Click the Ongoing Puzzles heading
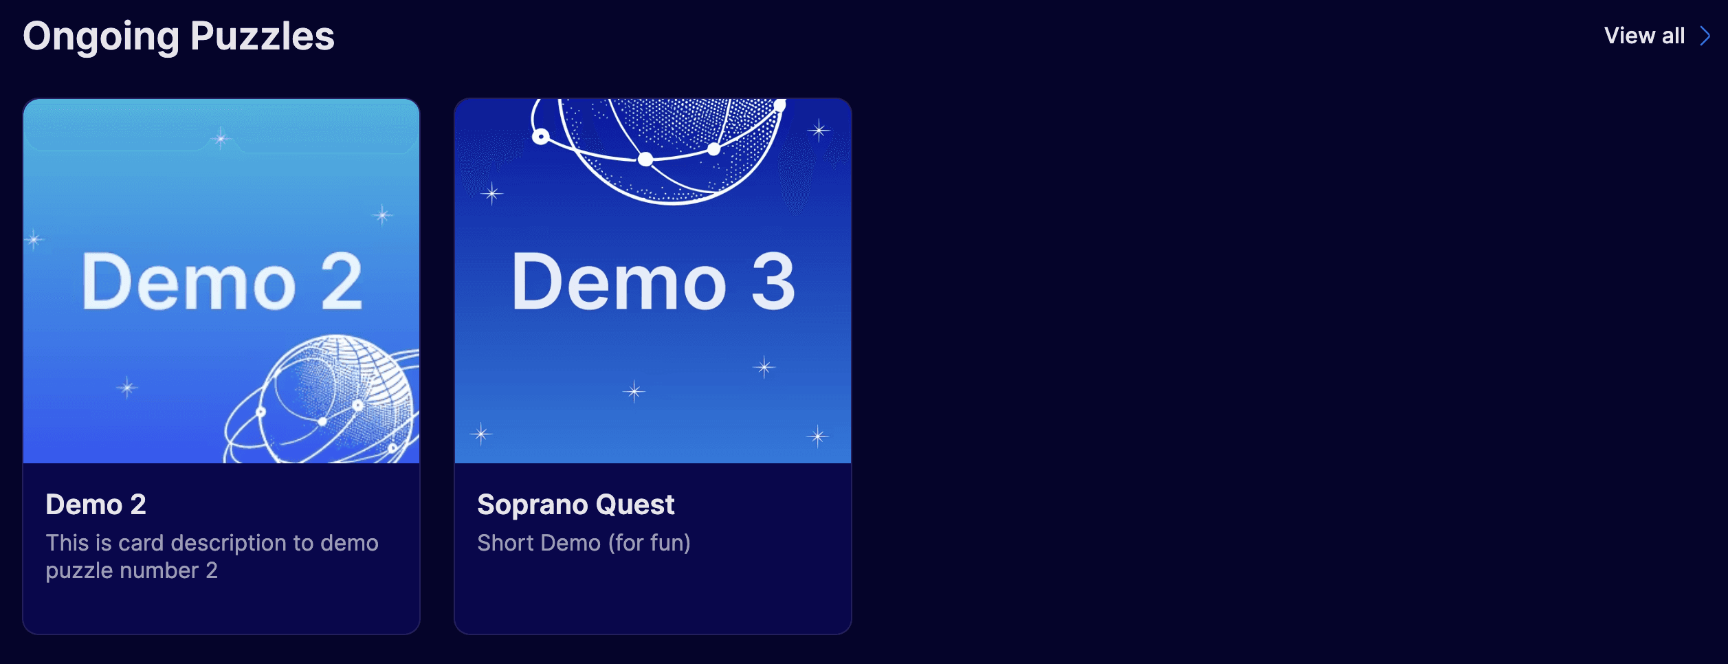(179, 37)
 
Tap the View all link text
(1644, 36)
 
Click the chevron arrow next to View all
(1705, 36)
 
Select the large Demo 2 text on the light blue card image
(221, 281)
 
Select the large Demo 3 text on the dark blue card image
(653, 281)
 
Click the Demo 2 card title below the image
(96, 505)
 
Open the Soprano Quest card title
(576, 505)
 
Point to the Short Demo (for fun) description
(584, 543)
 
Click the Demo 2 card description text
(212, 557)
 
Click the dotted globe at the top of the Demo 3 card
(656, 148)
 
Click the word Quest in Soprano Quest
(635, 505)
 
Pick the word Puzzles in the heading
(263, 36)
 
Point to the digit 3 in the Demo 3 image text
(773, 282)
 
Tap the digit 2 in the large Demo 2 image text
(342, 282)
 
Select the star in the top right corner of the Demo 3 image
(819, 130)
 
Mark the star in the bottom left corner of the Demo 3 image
(481, 434)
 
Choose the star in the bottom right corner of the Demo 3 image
(818, 436)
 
